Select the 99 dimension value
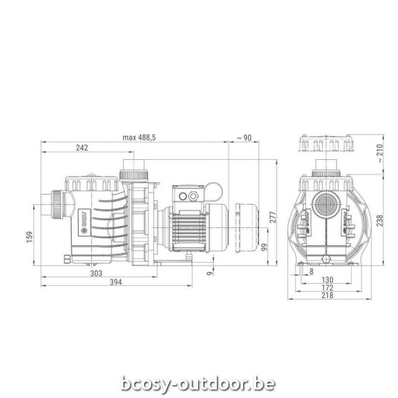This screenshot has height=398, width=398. click(x=264, y=248)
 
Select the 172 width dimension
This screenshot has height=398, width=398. click(x=326, y=288)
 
